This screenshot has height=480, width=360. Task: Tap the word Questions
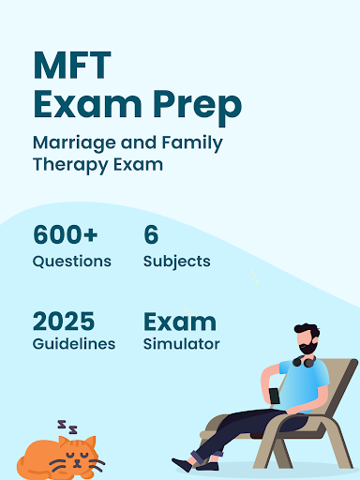(72, 261)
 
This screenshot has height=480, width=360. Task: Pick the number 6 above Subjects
(151, 234)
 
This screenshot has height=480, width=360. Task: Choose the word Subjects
(176, 261)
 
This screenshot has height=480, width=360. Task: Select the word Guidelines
(74, 344)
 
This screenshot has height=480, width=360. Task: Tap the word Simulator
(182, 344)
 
